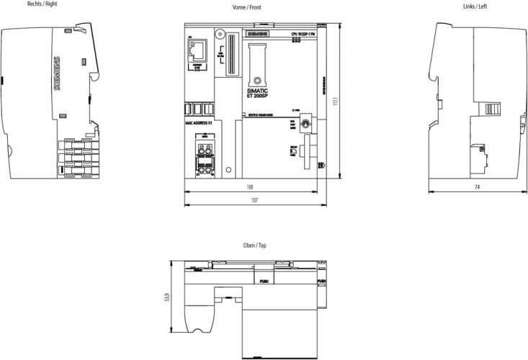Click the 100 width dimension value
click(249, 187)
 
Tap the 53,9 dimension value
click(166, 296)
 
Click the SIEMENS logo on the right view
click(58, 73)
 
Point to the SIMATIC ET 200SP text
click(257, 94)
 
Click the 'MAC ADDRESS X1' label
click(200, 123)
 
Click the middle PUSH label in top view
click(264, 283)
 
